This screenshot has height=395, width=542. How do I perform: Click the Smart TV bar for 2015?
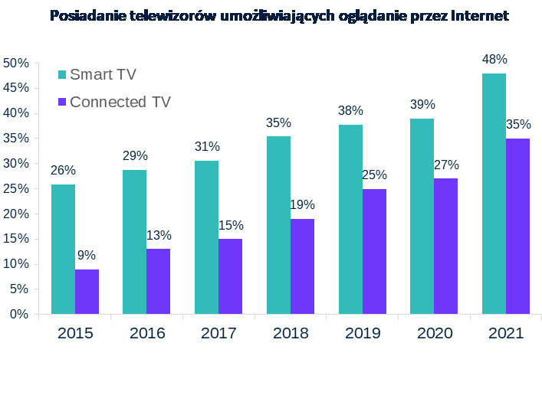(63, 249)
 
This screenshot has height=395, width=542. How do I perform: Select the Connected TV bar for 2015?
(87, 291)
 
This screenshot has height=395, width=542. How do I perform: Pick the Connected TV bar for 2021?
(517, 226)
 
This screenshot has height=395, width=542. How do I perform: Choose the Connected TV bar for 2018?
(302, 266)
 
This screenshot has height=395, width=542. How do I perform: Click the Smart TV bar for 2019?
(350, 219)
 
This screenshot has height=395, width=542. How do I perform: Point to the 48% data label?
(494, 60)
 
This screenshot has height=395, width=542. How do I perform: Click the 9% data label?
(87, 256)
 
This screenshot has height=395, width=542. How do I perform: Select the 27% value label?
(445, 165)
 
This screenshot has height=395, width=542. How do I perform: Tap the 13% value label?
(159, 235)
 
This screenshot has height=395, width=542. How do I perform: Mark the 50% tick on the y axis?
(16, 63)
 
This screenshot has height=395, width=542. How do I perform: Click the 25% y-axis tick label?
(16, 188)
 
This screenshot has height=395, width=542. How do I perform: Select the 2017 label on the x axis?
(218, 334)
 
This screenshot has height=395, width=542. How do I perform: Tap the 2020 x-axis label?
(434, 334)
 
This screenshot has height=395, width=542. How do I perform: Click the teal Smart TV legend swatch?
(63, 74)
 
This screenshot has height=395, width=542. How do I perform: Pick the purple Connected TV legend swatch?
(63, 101)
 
